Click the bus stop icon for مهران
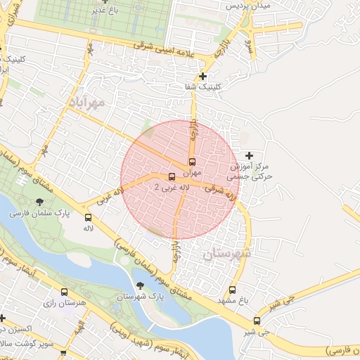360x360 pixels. (x=193, y=160)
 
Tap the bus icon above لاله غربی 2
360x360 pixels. (x=172, y=176)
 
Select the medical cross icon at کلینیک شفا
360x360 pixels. (x=203, y=76)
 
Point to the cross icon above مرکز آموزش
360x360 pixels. (x=249, y=155)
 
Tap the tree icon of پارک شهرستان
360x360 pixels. (x=139, y=285)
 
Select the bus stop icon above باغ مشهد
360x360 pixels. (x=233, y=290)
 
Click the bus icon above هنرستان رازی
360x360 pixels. (x=65, y=292)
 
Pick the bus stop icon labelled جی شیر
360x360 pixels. (x=256, y=321)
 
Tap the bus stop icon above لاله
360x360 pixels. (x=89, y=218)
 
